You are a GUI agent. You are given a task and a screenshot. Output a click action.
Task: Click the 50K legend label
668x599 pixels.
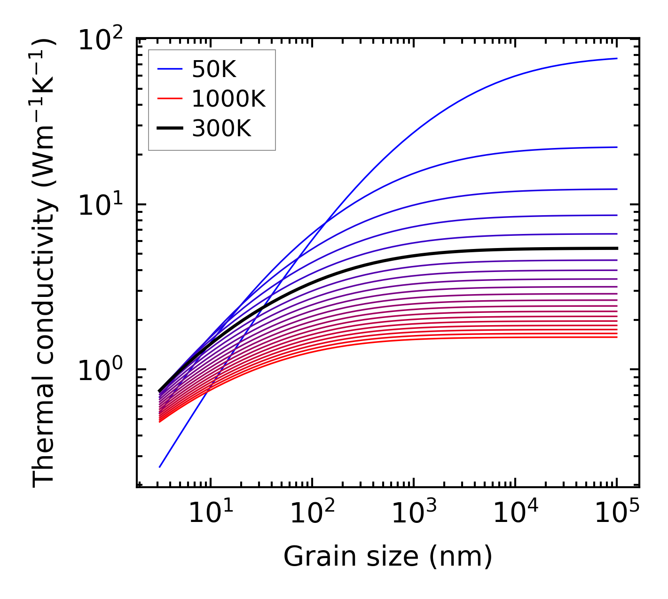[x=214, y=70]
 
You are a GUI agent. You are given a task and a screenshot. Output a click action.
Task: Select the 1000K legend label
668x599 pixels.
[x=228, y=99]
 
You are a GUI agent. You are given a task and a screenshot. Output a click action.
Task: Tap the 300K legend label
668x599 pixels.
[x=221, y=128]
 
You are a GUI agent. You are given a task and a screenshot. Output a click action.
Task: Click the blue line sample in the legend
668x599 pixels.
[x=170, y=70]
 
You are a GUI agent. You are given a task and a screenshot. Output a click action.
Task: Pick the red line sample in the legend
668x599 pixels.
[x=170, y=99]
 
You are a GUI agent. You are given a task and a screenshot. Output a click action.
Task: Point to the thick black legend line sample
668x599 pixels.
[x=170, y=128]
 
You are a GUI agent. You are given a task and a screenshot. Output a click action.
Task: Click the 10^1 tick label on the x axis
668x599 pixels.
[x=210, y=513]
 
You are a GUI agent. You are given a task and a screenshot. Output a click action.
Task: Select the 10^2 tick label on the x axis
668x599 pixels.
[x=312, y=513]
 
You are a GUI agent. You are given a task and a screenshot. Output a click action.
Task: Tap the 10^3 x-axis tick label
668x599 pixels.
[x=414, y=513]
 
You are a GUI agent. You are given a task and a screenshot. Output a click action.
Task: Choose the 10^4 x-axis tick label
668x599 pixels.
[x=515, y=513]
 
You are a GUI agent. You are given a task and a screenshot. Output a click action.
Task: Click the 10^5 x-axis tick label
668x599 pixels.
[x=617, y=513]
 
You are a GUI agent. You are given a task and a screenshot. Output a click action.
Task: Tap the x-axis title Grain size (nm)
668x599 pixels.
[x=388, y=557]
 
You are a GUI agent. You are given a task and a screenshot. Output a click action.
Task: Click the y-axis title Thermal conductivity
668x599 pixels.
[x=45, y=263]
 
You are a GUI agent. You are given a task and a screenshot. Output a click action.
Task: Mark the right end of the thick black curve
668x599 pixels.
[x=617, y=248]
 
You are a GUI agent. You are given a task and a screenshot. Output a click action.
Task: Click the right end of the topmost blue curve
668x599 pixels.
[x=617, y=58]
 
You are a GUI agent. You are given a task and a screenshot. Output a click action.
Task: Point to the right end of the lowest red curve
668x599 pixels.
[x=617, y=337]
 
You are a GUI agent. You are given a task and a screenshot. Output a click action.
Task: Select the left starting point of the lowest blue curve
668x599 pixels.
[x=160, y=467]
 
